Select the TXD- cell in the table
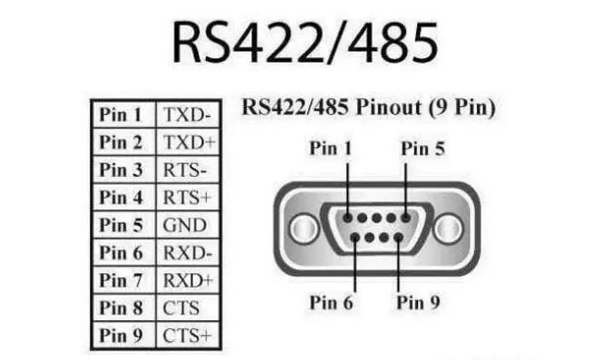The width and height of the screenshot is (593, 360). tap(187, 115)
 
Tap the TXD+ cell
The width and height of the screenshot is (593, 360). tap(188, 142)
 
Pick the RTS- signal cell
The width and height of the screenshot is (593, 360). tap(186, 170)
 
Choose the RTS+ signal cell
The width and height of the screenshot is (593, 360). tap(187, 197)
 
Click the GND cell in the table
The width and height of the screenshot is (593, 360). tap(184, 225)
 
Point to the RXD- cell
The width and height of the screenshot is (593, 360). tap(188, 253)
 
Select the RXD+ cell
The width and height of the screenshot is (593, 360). tap(189, 280)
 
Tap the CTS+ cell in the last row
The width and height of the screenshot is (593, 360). tap(187, 336)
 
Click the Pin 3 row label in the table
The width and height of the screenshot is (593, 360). tap(122, 170)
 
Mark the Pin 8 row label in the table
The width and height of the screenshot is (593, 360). tap(122, 308)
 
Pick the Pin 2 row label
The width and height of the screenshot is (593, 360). tap(122, 142)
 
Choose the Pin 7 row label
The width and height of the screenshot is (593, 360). tap(122, 280)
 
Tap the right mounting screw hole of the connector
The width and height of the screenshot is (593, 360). tap(449, 225)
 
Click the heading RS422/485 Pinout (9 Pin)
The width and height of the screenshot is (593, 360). tap(368, 107)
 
